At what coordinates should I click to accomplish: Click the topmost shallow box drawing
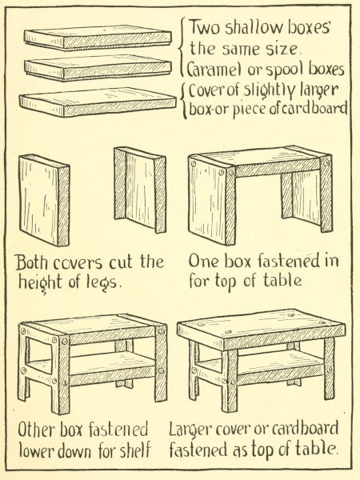tap(98, 38)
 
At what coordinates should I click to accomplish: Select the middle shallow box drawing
tap(98, 68)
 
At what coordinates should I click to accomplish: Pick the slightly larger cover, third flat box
tap(98, 102)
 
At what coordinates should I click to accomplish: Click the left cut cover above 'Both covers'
tap(44, 200)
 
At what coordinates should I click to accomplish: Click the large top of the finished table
tap(261, 329)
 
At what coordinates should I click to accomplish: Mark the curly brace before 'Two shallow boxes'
tap(182, 47)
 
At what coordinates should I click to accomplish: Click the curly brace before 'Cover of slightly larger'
tap(184, 101)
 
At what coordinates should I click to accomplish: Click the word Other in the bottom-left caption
tap(37, 430)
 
